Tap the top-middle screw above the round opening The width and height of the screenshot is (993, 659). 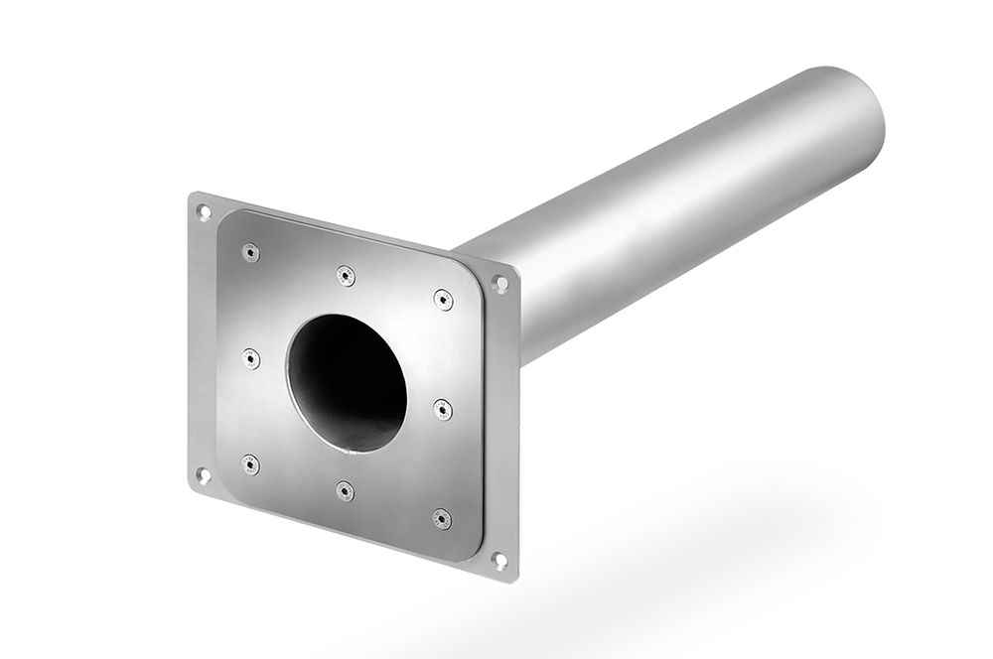[345, 275]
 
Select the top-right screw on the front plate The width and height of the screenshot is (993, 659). [443, 298]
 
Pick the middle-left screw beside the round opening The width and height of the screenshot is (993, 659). [250, 356]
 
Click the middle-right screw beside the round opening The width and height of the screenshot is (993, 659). [442, 407]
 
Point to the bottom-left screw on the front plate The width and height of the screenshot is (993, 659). [249, 462]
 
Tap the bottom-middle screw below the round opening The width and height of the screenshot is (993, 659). [344, 489]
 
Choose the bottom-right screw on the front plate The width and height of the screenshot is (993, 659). [441, 517]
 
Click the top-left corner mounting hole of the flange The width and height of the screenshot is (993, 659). [204, 210]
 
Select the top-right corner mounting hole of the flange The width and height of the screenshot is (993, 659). [501, 284]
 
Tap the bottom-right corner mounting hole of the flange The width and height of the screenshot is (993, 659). [500, 561]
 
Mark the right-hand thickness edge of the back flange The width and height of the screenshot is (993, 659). [513, 427]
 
